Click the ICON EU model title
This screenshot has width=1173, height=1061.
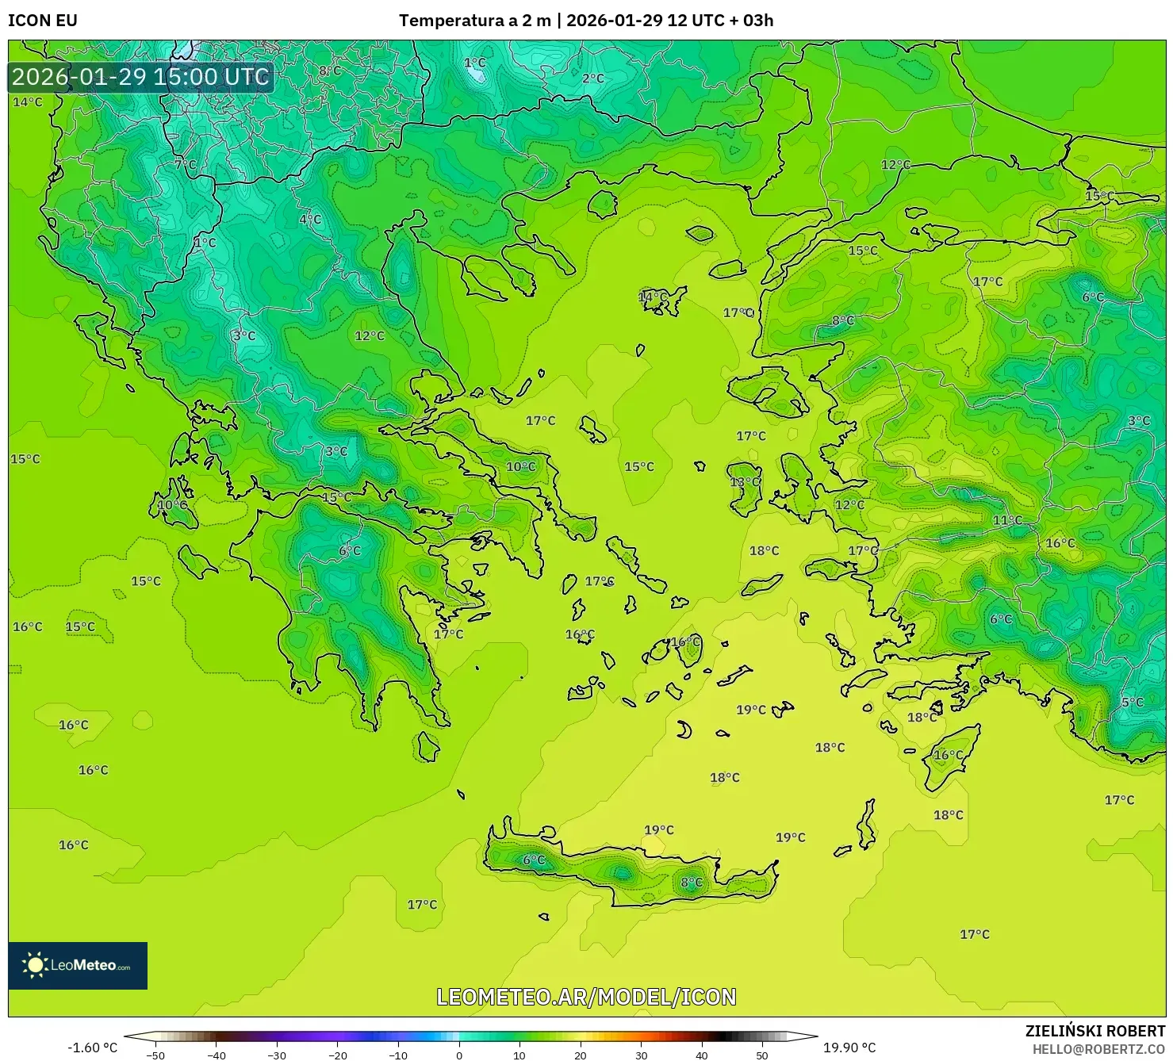coord(43,20)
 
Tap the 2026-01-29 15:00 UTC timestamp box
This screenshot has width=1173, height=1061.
coord(140,77)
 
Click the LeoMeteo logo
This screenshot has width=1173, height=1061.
coord(78,965)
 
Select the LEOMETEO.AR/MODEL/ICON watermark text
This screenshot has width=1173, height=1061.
coord(586,997)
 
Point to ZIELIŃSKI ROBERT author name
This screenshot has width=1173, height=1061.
coord(1094,1031)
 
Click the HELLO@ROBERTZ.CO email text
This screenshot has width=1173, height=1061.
coord(1098,1048)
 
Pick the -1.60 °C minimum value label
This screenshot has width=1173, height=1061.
coord(92,1048)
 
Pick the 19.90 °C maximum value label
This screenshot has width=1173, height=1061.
coord(849,1048)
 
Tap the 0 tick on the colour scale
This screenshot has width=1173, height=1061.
coord(459,1055)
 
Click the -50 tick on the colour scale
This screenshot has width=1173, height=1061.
coord(155,1055)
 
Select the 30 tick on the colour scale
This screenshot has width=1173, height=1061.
coord(641,1055)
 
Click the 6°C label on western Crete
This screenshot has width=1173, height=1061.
coord(534,860)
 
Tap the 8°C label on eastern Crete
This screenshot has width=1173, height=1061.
coord(692,882)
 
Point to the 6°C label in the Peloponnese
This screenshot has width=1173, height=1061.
coord(350,550)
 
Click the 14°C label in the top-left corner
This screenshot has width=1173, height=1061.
coord(27,102)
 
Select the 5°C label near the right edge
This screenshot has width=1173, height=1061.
coord(1132,702)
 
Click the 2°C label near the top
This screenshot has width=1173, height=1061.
coord(592,78)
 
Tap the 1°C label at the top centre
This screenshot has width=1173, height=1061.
coord(474,62)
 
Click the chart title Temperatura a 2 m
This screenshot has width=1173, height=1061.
coord(474,20)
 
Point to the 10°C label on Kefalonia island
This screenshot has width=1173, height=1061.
coord(172,504)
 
